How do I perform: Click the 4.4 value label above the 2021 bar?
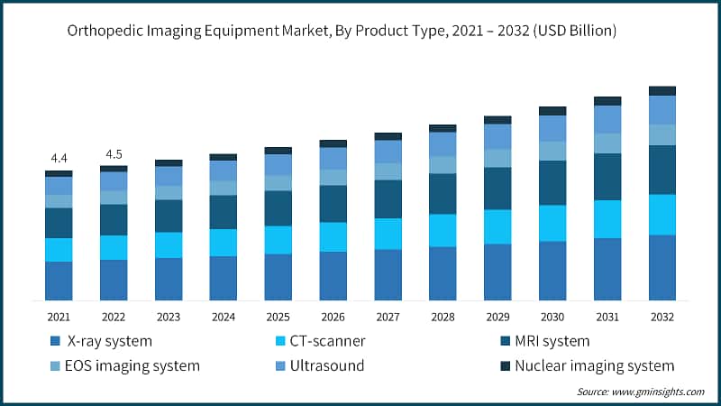click(59, 159)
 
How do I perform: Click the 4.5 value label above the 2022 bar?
click(114, 153)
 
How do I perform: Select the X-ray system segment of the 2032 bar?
click(662, 267)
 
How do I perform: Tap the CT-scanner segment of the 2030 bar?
click(552, 223)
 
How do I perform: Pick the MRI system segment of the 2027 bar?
click(388, 198)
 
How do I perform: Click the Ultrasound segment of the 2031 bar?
click(607, 119)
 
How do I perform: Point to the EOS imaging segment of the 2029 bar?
click(497, 158)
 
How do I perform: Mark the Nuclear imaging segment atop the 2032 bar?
click(662, 90)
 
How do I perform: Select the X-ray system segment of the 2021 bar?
click(59, 281)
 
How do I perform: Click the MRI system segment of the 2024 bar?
click(224, 211)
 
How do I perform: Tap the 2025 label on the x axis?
click(278, 317)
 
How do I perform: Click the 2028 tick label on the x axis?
click(443, 317)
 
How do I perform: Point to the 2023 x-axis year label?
click(169, 317)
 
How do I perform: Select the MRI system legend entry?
click(550, 341)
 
